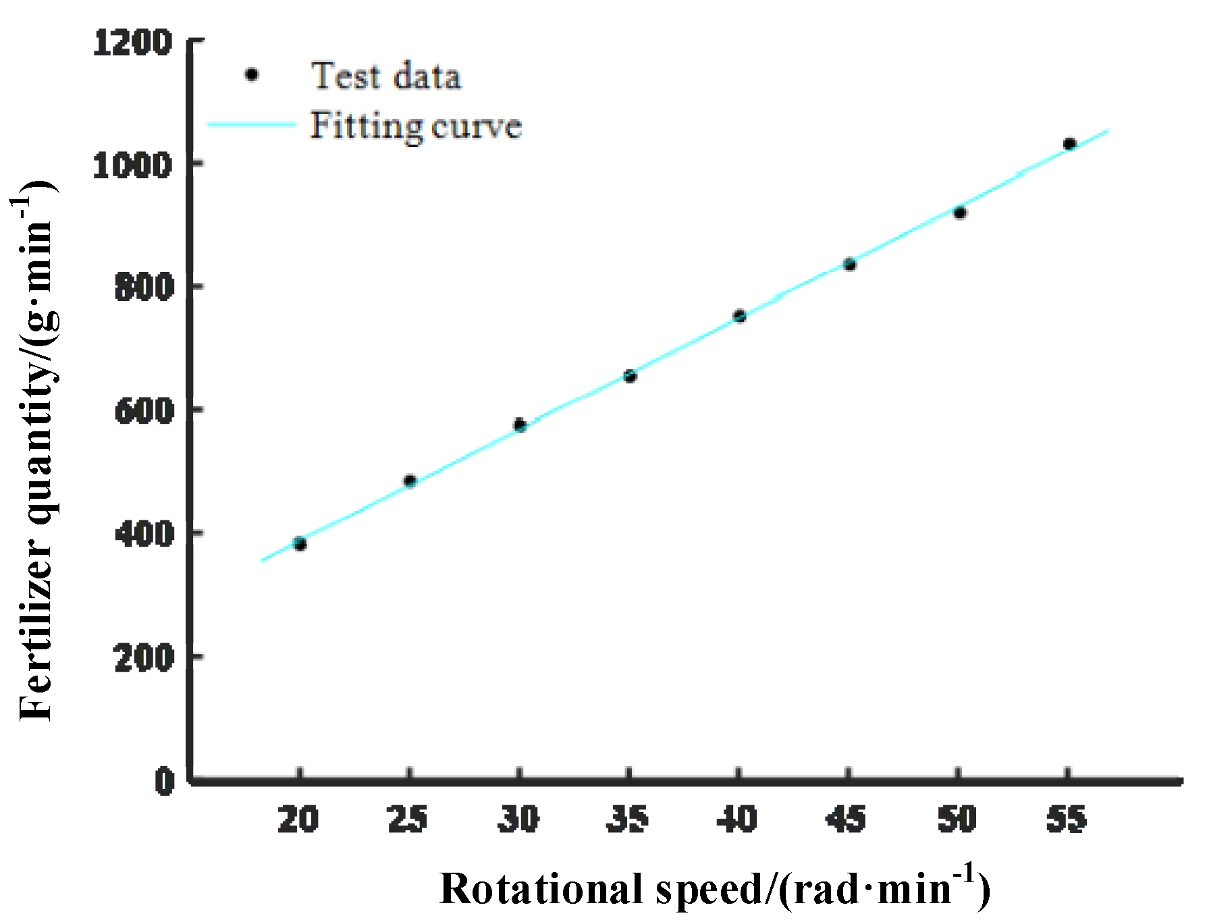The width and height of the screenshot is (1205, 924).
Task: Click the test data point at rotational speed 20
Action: [300, 544]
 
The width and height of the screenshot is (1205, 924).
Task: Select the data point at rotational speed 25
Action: [410, 481]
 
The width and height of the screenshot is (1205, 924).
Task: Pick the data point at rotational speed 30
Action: [520, 425]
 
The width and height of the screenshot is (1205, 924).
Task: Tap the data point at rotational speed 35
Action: [630, 376]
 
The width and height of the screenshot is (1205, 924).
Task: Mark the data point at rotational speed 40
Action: [740, 316]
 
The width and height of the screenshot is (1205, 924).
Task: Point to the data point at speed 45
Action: [850, 264]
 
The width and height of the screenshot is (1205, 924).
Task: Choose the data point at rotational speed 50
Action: [960, 213]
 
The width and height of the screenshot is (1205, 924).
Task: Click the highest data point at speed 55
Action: [1069, 144]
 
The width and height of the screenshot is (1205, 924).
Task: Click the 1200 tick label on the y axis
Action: [132, 43]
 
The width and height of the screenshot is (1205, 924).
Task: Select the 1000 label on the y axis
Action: [132, 165]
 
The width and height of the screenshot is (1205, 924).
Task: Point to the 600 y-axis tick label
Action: [144, 410]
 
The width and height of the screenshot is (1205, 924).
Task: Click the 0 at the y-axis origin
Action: [165, 781]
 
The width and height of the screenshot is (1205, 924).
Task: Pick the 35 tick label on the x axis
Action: [628, 819]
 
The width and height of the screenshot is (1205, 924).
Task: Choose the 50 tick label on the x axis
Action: [957, 819]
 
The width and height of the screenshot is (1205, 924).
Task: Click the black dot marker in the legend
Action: [252, 75]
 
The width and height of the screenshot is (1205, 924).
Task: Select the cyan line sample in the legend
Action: [251, 125]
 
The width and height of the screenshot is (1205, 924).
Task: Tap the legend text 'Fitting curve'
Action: [416, 126]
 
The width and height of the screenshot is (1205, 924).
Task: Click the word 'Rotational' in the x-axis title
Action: [541, 889]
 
